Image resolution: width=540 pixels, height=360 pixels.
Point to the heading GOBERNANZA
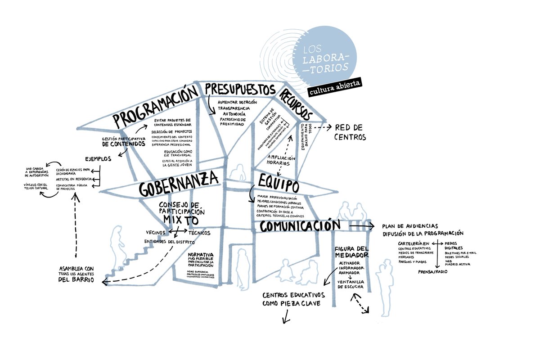coord(179,184)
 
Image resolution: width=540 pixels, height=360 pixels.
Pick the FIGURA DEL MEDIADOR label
coord(352,252)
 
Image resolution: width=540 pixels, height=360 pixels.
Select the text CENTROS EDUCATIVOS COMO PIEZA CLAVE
coord(293,299)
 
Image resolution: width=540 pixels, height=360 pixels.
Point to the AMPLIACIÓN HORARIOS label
coord(281,161)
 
